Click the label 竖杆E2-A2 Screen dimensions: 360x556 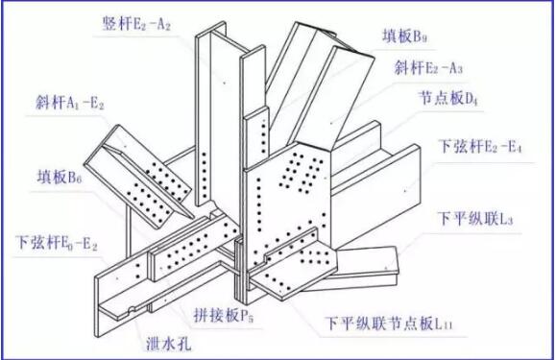135,24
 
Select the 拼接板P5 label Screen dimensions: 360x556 212,314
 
